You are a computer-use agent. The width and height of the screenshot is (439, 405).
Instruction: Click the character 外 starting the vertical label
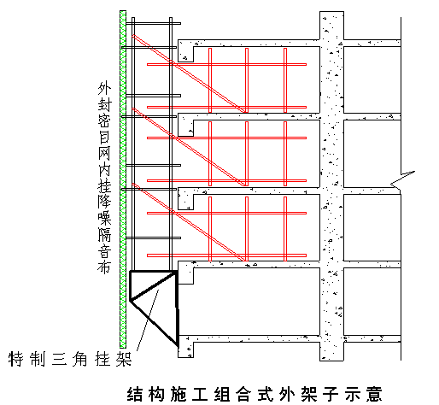point(104,88)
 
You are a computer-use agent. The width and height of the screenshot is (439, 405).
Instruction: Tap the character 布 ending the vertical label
point(104,267)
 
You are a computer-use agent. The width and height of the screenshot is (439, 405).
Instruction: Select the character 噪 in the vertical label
point(104,218)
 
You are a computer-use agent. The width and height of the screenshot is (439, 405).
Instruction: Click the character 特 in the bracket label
point(15,359)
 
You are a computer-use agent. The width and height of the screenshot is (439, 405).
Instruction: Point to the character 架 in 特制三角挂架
point(124,359)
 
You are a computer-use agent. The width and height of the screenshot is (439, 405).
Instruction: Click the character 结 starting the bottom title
point(134,394)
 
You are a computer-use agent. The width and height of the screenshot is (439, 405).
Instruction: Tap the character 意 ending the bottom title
point(374,394)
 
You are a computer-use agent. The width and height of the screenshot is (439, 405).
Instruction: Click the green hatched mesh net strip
point(123,179)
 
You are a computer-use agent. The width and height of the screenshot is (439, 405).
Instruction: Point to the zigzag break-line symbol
point(402,179)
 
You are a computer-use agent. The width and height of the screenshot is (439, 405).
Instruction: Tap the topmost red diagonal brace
point(189,73)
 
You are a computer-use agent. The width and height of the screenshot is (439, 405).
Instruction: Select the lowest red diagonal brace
point(189,222)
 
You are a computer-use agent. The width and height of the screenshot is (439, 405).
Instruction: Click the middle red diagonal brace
point(189,147)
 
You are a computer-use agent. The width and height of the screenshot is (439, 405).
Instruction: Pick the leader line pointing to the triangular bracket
point(148,320)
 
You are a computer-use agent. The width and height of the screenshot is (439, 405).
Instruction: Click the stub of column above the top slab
point(331,26)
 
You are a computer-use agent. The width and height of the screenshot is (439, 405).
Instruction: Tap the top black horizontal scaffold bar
point(153,23)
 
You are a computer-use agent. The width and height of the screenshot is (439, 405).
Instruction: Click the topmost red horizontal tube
point(226,64)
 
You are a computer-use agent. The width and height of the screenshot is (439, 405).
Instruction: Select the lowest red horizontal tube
point(226,255)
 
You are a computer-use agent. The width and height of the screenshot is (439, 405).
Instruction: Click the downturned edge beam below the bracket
point(185,347)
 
